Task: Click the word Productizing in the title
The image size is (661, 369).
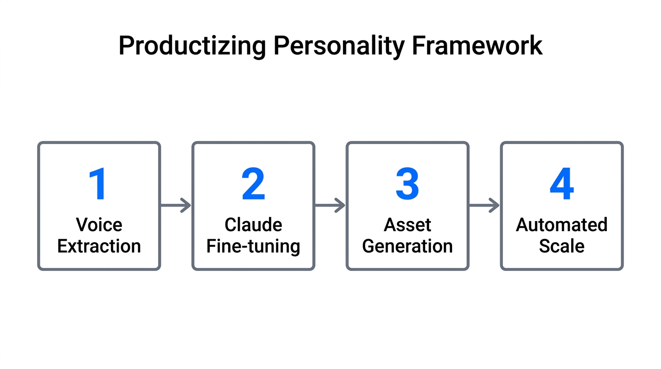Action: (x=192, y=47)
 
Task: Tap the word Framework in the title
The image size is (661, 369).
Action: (x=477, y=46)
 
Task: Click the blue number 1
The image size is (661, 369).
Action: (x=98, y=184)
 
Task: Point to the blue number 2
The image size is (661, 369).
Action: (x=253, y=184)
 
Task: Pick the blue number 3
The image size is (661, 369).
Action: (x=407, y=184)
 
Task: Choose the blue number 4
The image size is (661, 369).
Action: (x=562, y=184)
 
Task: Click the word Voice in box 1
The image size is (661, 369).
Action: (x=99, y=225)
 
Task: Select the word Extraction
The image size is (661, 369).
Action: (x=99, y=246)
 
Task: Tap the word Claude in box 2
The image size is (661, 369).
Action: (x=253, y=225)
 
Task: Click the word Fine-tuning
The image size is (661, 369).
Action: (x=253, y=246)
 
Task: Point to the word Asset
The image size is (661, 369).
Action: (x=407, y=225)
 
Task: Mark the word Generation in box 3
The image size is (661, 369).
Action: (x=407, y=246)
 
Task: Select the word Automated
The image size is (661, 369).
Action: (x=562, y=225)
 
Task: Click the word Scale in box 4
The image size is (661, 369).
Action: (x=562, y=246)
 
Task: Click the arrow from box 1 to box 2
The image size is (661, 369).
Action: (x=176, y=206)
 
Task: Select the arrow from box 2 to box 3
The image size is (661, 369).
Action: (x=330, y=206)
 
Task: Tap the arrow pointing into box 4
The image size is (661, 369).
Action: (x=484, y=206)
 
